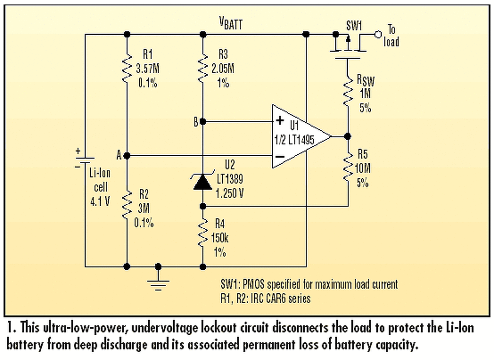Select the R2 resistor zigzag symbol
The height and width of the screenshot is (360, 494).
coord(126,204)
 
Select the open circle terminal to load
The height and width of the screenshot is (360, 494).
coord(378,35)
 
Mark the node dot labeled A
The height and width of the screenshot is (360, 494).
coord(127,155)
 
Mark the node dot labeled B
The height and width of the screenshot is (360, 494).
coord(203,122)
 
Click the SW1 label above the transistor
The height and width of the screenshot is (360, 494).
coord(353,26)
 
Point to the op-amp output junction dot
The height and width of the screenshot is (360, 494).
coord(347,136)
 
